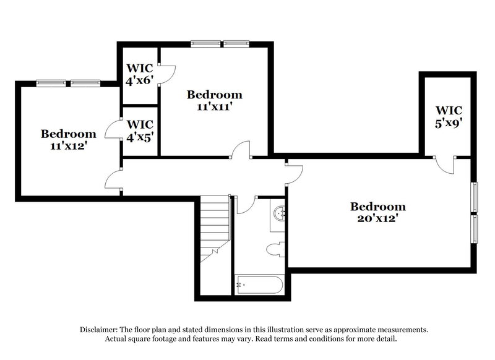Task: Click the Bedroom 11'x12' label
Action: pos(68,140)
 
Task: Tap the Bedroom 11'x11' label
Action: pos(214,100)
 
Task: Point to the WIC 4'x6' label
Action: pos(140,73)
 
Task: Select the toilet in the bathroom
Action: pos(273,250)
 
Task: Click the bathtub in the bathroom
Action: pos(259,286)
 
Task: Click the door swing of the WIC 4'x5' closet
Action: pos(114,129)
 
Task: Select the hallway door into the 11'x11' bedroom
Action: pos(241,150)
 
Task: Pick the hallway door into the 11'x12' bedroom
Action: pos(114,179)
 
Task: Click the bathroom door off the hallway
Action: pos(246,205)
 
